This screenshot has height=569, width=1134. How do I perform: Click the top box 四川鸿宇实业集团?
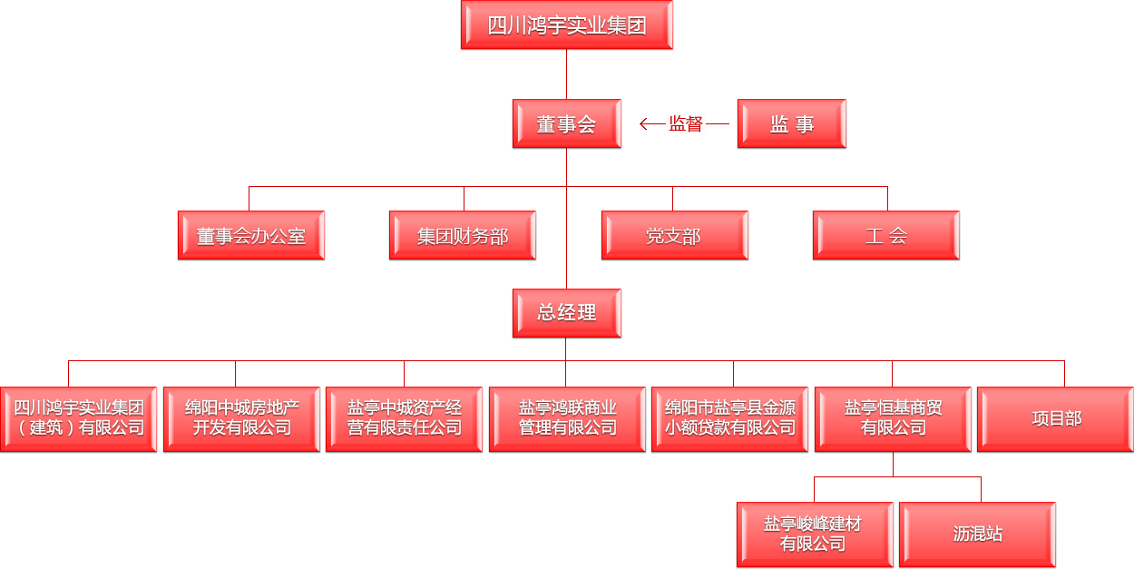coord(567,25)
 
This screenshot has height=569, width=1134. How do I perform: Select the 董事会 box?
coord(567,124)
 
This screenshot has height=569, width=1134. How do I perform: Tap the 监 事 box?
coord(792,124)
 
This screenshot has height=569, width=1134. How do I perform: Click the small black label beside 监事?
coord(685,124)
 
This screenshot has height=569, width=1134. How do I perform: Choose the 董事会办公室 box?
coord(251,236)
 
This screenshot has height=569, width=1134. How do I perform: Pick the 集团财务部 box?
coord(463,236)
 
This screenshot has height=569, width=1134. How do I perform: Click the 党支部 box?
coord(674,236)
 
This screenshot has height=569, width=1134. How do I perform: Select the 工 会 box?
coord(885,236)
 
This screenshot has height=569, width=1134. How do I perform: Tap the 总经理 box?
coord(567,313)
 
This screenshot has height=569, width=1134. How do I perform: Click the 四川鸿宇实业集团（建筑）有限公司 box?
coord(79,419)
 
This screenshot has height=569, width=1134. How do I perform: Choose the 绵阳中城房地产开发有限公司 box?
coord(241,419)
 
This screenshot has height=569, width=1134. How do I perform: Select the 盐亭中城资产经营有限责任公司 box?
coord(405,419)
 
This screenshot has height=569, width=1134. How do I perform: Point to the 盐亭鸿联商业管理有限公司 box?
coord(567,419)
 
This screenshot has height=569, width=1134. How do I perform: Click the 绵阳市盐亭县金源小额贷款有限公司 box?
coord(729,419)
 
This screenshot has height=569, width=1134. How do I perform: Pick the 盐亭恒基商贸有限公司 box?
coord(893,419)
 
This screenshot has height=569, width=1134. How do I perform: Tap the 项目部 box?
coord(1055,419)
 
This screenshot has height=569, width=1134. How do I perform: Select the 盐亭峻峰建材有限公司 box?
coord(815,535)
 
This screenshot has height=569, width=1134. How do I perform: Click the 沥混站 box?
coord(977,535)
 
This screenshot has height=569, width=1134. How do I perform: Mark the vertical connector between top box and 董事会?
coord(566,74)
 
